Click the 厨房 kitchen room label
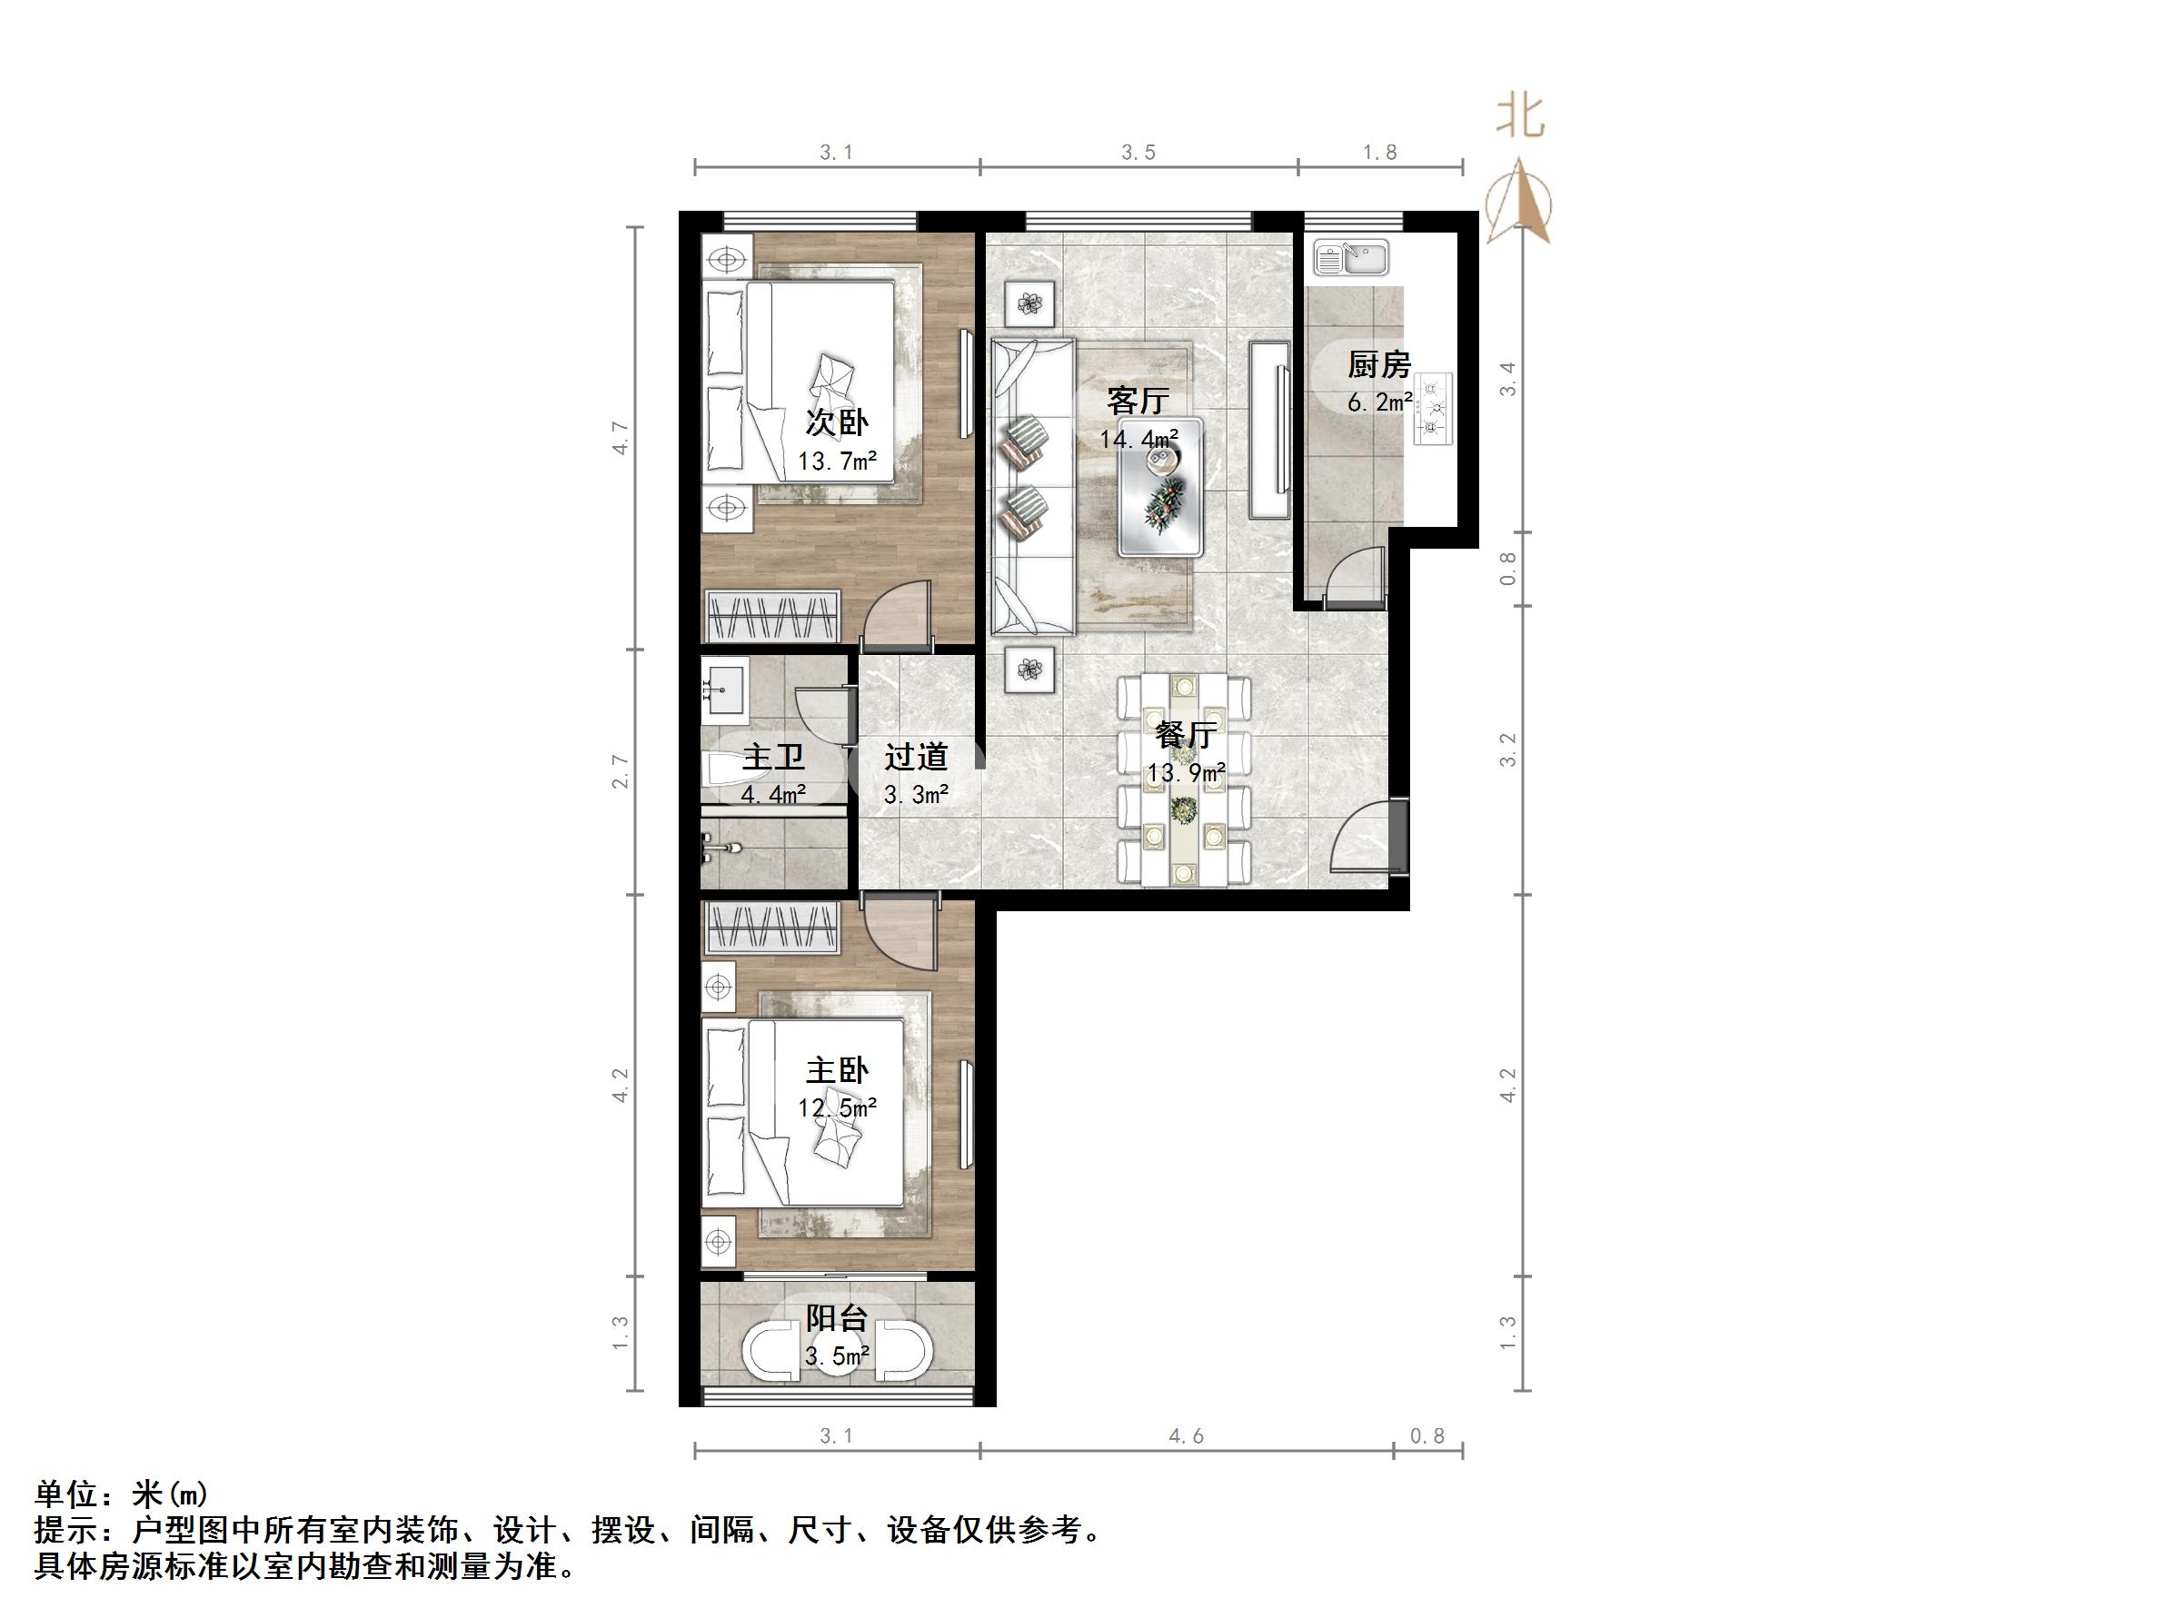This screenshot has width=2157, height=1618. click(1379, 366)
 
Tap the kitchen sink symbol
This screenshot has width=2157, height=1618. click(1350, 258)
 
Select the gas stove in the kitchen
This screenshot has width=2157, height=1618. click(1432, 409)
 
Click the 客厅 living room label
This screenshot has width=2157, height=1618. click(1138, 401)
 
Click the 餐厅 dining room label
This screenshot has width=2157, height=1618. click(1185, 735)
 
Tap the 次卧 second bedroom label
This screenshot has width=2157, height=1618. click(837, 422)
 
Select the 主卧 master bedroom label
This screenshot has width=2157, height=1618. click(837, 1071)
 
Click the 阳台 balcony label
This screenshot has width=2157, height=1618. click(837, 1318)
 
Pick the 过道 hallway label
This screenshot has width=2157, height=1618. click(916, 757)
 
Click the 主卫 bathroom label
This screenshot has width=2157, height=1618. click(773, 757)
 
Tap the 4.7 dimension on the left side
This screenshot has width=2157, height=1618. click(621, 438)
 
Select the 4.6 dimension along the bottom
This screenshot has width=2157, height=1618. click(1186, 1435)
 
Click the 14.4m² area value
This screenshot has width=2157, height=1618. click(1138, 439)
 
